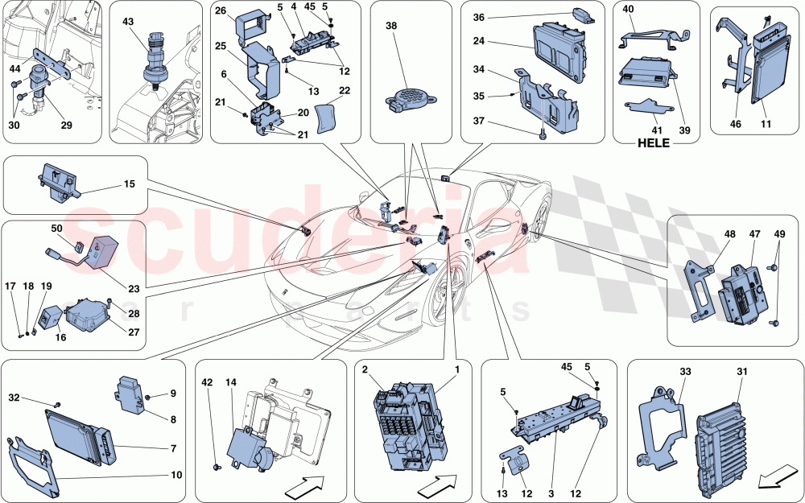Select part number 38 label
coord(391,26)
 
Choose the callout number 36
coord(479,18)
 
